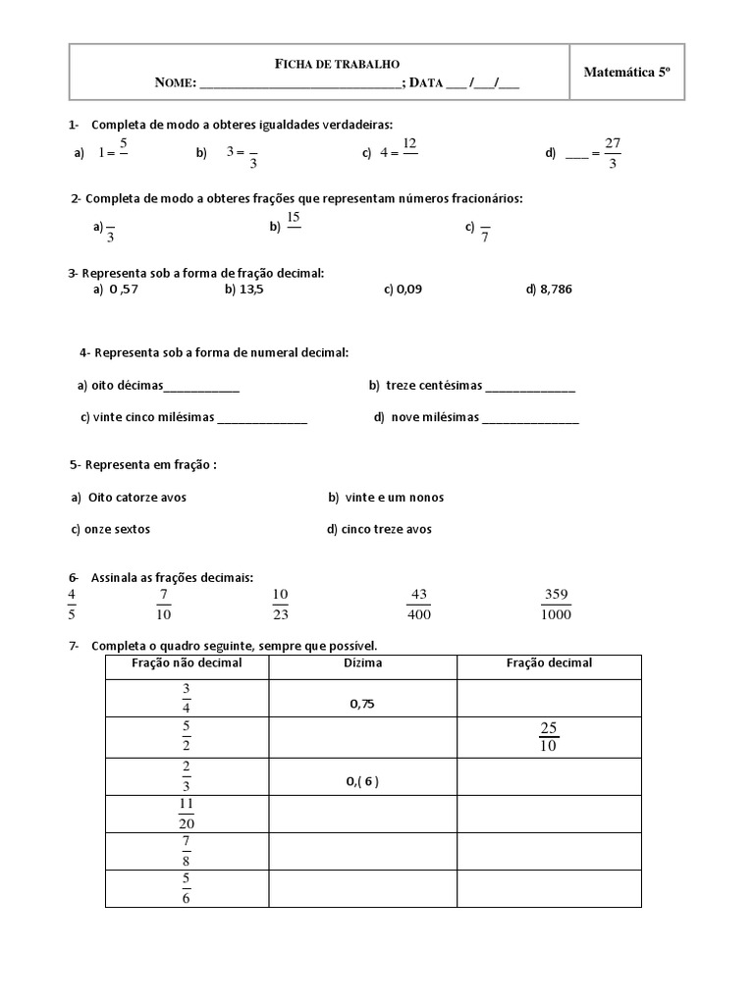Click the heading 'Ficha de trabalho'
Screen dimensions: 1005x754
pos(336,64)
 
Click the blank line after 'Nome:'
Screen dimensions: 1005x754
pos(300,84)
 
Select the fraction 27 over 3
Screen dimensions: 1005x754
pos(613,153)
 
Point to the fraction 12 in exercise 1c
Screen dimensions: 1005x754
pos(409,144)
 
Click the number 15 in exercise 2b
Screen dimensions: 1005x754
pos(294,218)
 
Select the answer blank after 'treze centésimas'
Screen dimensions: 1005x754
pos(530,387)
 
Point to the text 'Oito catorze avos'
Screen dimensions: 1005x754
pos(136,498)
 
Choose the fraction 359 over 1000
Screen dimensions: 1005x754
pos(556,605)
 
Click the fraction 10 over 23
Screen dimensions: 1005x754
pos(280,605)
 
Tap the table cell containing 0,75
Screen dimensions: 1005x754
pos(362,704)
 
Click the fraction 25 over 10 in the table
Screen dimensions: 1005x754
pos(549,736)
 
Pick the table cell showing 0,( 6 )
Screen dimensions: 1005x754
pos(362,781)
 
